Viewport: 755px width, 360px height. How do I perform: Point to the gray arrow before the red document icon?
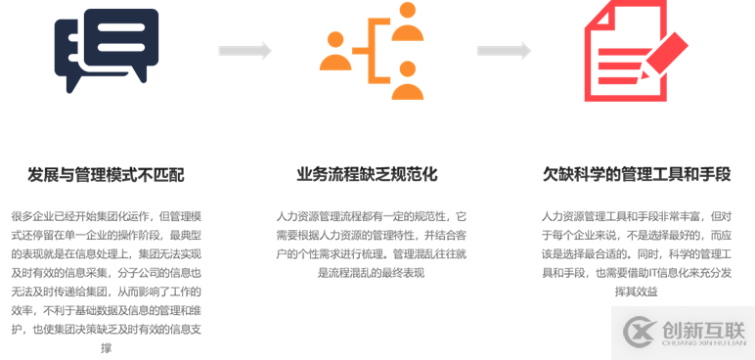pos(504,51)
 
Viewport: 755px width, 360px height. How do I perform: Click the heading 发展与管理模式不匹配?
pos(105,175)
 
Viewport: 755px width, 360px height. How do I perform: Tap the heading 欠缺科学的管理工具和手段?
pos(637,175)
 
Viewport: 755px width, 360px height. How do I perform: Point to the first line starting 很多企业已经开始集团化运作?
pos(105,216)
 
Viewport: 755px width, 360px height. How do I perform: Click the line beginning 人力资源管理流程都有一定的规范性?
pos(372,216)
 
